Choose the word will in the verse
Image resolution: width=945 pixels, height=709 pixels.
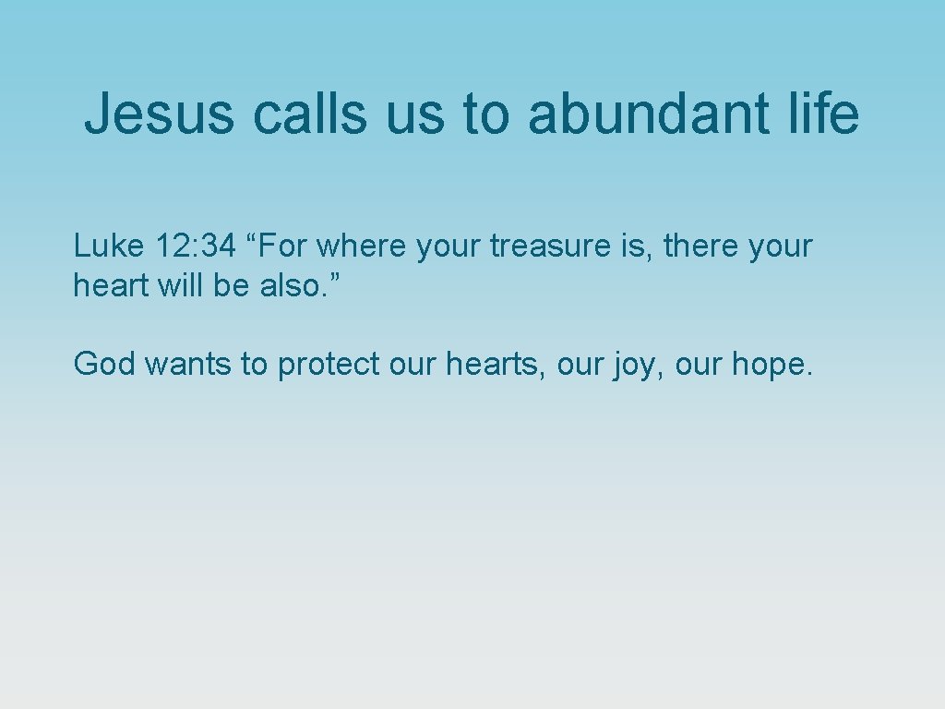[x=180, y=286]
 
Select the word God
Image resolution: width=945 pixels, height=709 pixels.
[x=104, y=365]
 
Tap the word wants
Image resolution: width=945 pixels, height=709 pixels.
[x=188, y=365]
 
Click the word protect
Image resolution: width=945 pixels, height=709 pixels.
[x=329, y=365]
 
